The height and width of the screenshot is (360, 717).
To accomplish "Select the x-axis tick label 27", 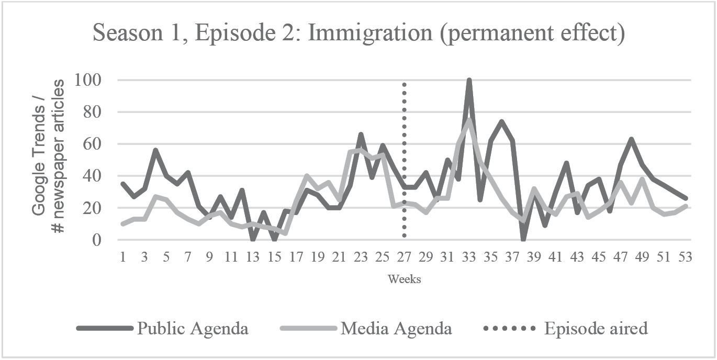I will coord(405,257).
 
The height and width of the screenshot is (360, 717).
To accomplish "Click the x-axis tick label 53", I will coord(686,257).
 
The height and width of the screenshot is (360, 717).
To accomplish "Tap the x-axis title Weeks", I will coord(404,279).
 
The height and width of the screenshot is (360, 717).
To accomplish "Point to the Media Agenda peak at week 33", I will coord(469,120).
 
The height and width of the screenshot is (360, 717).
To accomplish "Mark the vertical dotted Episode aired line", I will coord(405,157).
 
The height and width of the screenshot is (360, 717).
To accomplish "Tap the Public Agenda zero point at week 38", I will coord(523,240).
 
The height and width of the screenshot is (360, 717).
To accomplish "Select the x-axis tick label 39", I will coord(534,257).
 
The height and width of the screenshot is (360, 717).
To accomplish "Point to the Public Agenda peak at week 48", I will coord(632,139).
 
